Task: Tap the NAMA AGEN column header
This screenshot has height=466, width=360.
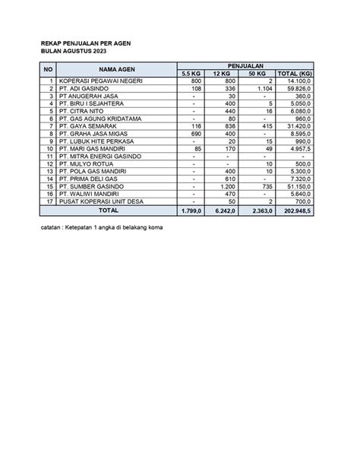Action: [x=116, y=69]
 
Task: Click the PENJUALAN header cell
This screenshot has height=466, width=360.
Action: [x=245, y=66]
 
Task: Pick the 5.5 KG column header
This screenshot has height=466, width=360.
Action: [x=194, y=73]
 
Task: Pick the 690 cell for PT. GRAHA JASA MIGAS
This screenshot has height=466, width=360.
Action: [x=194, y=133]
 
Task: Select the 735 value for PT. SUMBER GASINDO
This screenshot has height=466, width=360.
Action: [x=265, y=185]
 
